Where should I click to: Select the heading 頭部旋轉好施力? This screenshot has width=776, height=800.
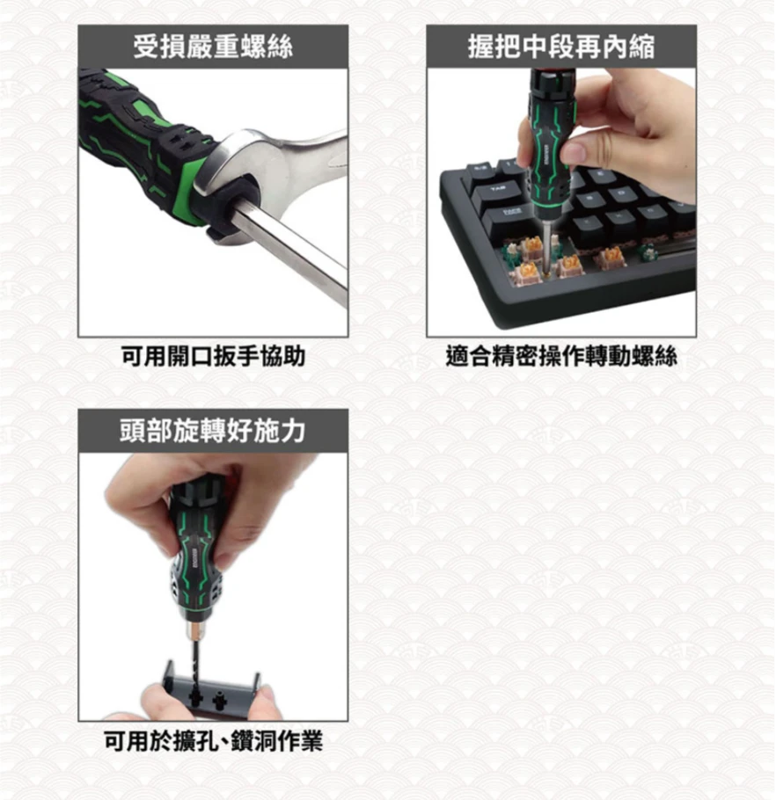(x=212, y=431)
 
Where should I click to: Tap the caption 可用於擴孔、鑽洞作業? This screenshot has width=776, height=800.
(x=212, y=742)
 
